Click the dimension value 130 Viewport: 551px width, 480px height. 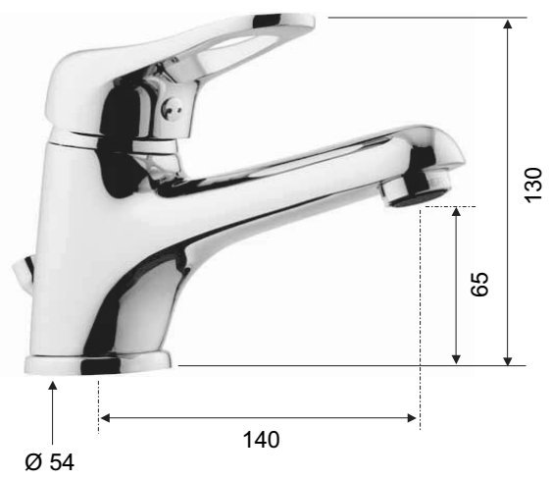pos(533,185)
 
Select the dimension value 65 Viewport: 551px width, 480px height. pos(479,285)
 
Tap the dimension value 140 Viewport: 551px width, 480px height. pos(262,440)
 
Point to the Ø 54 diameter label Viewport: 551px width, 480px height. pos(50,462)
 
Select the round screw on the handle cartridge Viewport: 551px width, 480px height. pos(172,107)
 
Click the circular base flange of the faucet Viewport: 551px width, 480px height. pos(98,364)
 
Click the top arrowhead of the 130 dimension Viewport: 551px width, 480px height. pos(508,24)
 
